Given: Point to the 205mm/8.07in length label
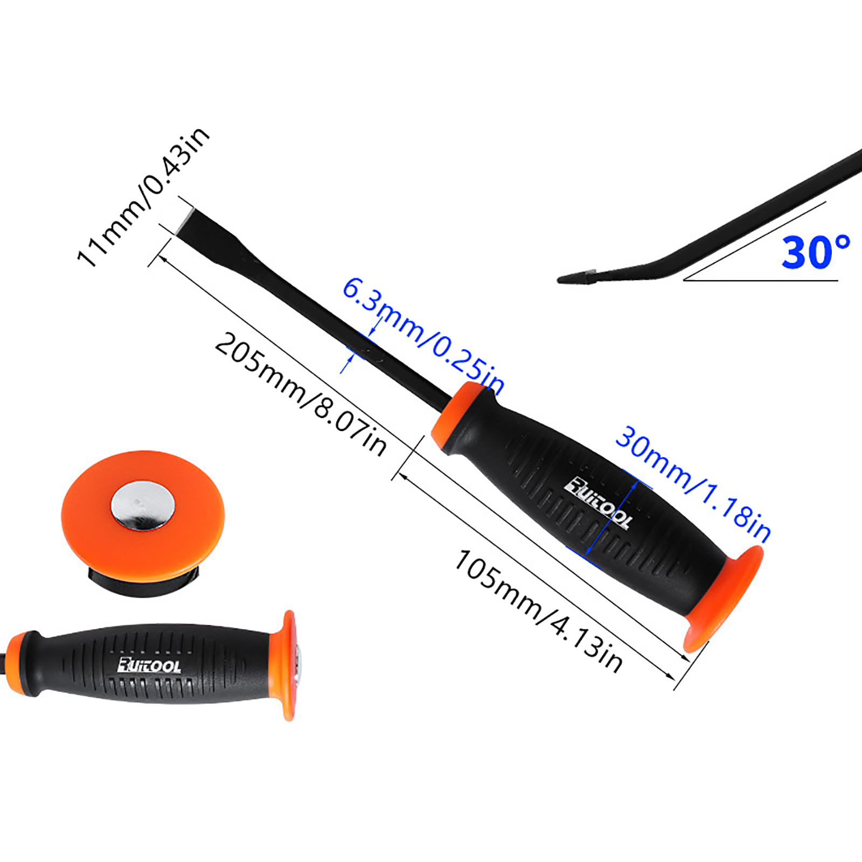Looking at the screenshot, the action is [x=301, y=395].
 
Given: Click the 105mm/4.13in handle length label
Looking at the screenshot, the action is [x=539, y=610].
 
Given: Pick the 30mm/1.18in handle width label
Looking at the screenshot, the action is [x=693, y=483].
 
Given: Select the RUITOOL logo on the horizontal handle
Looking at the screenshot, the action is [x=149, y=665].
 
